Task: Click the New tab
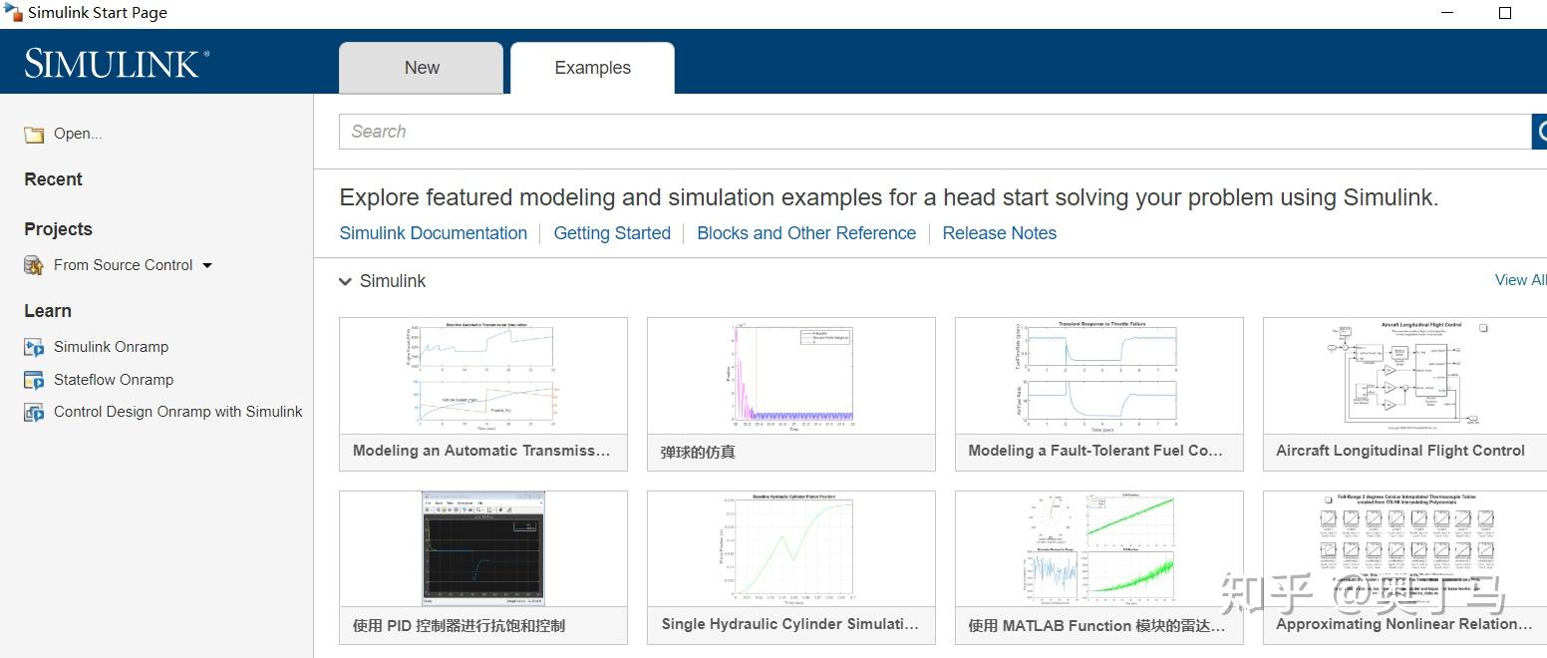pos(422,68)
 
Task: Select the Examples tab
pos(592,68)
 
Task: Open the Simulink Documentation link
pos(433,233)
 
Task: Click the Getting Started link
pos(612,233)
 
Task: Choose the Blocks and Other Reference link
pos(806,233)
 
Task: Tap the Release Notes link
pos(999,233)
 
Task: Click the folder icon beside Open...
pos(34,135)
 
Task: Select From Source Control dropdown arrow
pos(207,265)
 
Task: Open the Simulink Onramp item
pos(111,347)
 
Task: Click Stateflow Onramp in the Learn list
pos(114,380)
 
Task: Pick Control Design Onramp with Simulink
pos(177,412)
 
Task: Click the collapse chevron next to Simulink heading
pos(345,282)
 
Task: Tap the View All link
pos(1520,280)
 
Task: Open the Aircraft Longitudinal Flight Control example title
pos(1399,451)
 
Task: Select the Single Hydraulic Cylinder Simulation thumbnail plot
pos(790,547)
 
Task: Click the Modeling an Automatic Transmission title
pos(481,451)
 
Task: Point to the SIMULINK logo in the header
pos(117,64)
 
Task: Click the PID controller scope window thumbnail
pos(483,547)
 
